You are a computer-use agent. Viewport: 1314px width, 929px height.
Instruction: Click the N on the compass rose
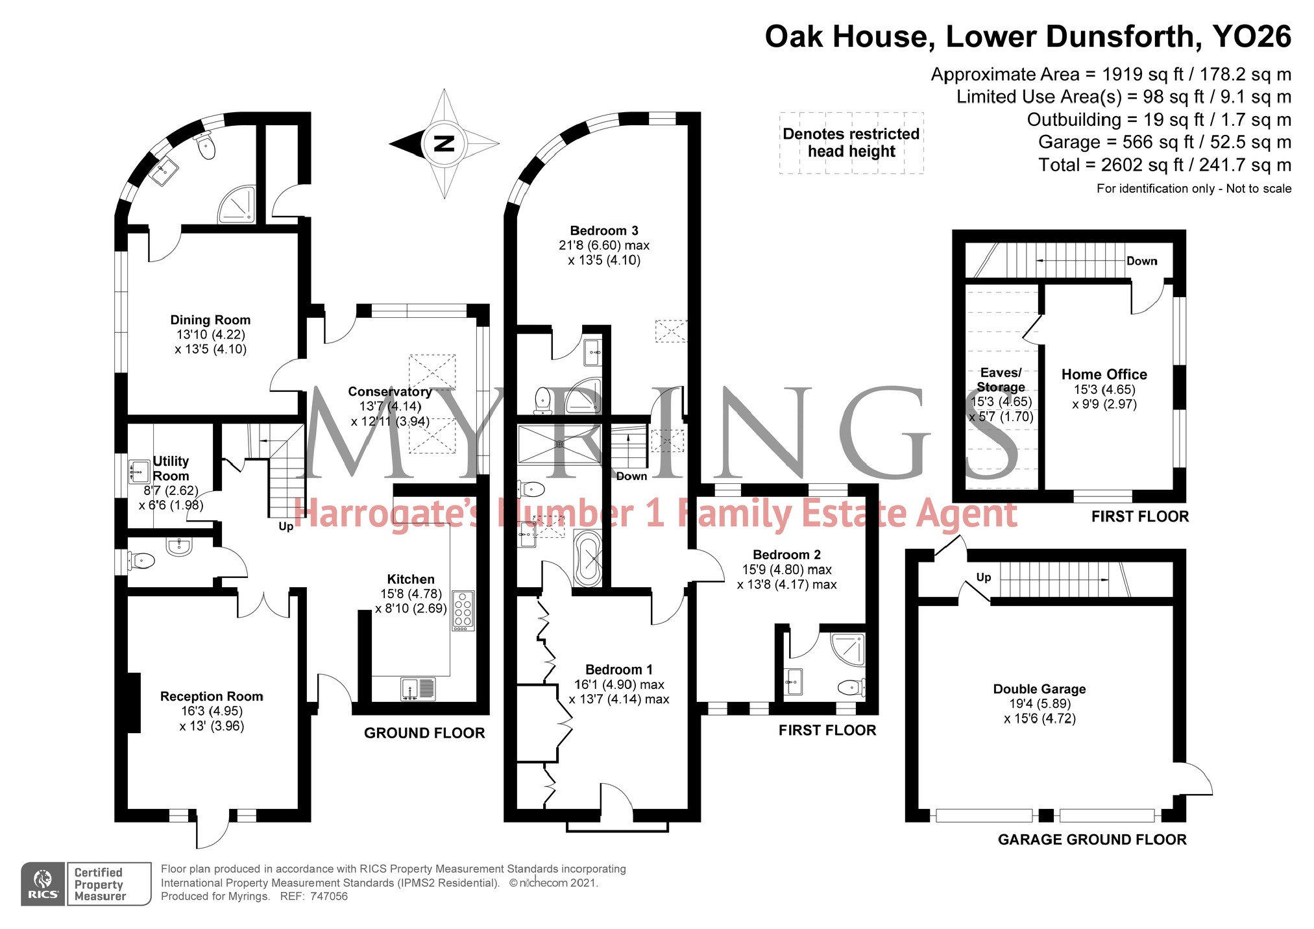[444, 143]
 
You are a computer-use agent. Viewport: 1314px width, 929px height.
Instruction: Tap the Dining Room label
[210, 320]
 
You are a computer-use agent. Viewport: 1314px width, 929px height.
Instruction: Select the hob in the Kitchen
[463, 610]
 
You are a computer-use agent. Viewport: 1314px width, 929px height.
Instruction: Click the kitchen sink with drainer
[418, 688]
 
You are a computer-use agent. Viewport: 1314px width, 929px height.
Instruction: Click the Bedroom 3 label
[603, 230]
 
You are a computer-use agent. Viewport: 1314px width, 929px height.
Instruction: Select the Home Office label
[1104, 374]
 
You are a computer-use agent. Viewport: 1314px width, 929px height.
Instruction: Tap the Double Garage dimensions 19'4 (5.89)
[1040, 704]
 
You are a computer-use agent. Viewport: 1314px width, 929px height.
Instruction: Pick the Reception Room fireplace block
[134, 703]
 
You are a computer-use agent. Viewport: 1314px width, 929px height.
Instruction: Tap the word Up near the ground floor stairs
[286, 526]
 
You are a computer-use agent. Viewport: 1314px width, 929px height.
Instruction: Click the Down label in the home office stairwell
[1141, 261]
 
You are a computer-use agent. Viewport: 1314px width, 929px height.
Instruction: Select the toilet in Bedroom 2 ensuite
[850, 686]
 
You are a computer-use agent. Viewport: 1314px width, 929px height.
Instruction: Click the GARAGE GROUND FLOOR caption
[1091, 839]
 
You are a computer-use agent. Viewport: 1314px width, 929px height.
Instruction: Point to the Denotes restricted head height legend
[851, 143]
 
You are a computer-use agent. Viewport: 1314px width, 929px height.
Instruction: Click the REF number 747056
[329, 897]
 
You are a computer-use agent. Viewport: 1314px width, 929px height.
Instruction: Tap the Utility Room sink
[138, 470]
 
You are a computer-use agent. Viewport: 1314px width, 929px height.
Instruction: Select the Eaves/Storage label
[1001, 380]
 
